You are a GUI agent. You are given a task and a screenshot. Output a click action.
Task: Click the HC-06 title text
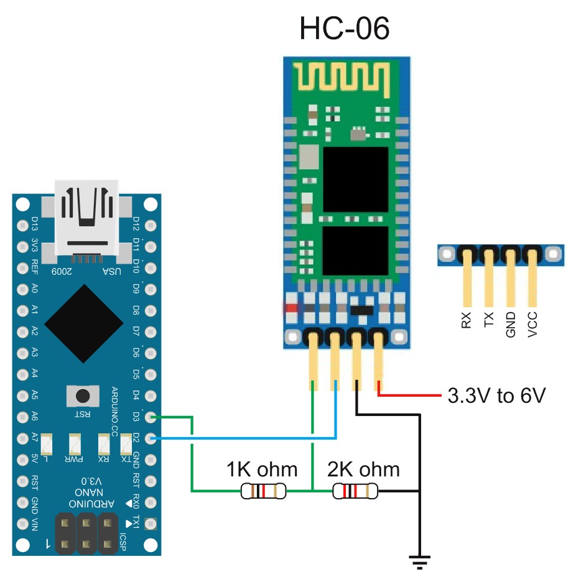[x=345, y=29]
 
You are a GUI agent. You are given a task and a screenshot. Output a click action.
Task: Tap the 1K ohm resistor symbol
[x=264, y=492]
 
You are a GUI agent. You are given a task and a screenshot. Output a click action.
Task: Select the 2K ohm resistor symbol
[x=355, y=492]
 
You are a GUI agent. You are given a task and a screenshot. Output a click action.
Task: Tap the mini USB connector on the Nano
[x=86, y=218]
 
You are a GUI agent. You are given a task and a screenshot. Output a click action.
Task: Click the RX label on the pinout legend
[x=467, y=320]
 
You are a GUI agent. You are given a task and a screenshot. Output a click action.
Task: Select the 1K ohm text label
[x=262, y=468]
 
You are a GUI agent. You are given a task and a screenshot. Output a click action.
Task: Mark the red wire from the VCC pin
[x=411, y=395]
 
